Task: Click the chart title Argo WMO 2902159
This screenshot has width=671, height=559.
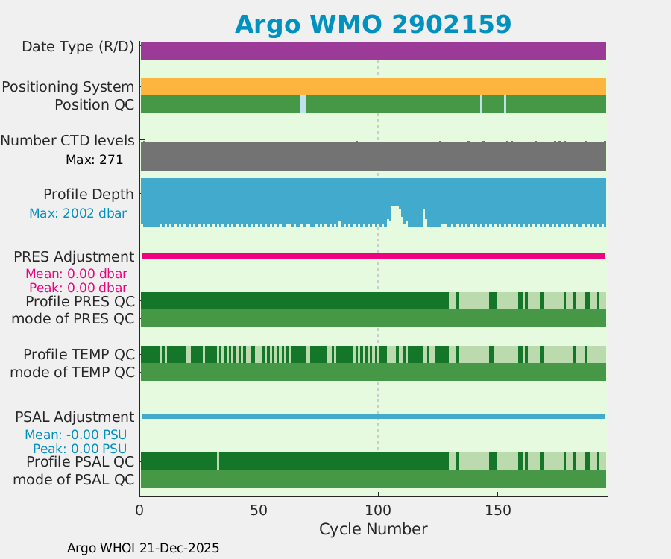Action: point(373,24)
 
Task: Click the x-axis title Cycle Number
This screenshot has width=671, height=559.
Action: point(373,529)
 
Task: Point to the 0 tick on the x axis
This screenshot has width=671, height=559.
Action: point(140,511)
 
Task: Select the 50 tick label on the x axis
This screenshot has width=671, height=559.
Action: point(259,511)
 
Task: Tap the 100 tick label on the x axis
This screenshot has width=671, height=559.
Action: point(378,511)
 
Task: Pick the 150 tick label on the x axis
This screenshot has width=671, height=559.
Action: point(497,511)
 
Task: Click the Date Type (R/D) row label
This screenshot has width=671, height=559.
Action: point(78,47)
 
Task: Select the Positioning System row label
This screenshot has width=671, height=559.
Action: point(68,87)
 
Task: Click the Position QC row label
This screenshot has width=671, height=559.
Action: point(94,104)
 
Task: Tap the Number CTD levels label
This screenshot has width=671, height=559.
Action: point(67,140)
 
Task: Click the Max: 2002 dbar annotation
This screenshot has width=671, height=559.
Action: point(78,213)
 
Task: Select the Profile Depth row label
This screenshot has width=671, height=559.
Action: point(89,195)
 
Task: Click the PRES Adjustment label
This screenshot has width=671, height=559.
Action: point(74,257)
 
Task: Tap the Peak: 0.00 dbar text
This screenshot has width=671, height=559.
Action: point(78,288)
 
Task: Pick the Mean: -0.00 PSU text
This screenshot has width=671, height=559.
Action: point(75,435)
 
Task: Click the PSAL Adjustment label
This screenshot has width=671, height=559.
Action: point(74,417)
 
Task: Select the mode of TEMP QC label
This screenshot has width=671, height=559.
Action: point(72,371)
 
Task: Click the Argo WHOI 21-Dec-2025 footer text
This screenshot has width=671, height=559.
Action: point(143,548)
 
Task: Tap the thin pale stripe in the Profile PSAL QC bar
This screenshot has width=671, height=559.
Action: point(218,461)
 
